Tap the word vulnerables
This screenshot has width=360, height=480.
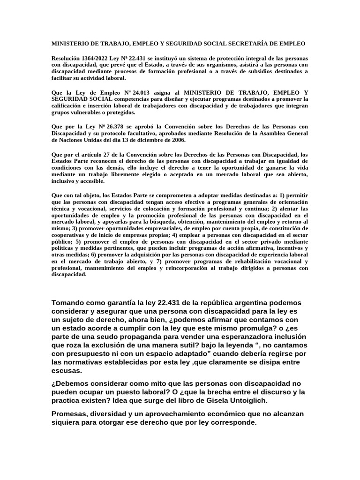coord(84,113)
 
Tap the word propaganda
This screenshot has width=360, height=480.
coord(148,337)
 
